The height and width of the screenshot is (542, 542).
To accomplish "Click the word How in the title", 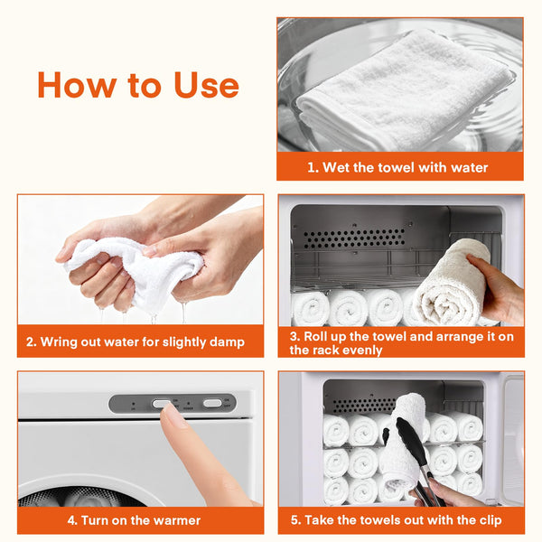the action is [77, 85].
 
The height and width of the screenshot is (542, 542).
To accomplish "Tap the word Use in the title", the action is [206, 85].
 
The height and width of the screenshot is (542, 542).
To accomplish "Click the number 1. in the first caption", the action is [313, 168].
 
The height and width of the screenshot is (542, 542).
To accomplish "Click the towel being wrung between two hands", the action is [135, 269].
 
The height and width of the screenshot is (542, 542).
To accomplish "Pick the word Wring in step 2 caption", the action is [59, 341].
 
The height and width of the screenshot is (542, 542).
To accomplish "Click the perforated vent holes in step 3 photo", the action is [354, 238].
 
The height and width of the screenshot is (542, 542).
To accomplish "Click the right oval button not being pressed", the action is [212, 403].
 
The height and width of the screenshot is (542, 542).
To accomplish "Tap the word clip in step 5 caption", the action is [490, 520].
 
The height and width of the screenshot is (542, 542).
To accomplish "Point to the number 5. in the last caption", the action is [295, 520].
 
